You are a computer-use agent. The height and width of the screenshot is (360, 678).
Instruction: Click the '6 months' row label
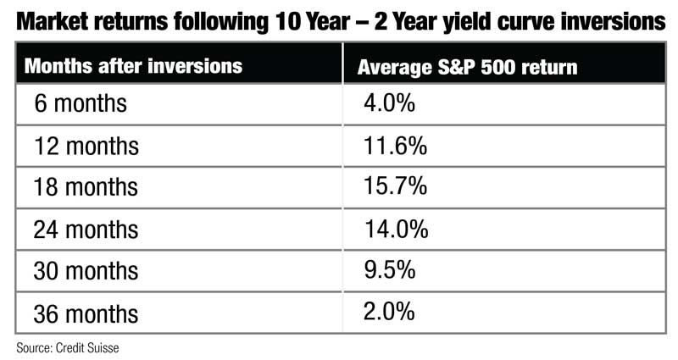(81, 103)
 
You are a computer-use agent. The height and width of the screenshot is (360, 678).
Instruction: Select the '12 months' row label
(86, 146)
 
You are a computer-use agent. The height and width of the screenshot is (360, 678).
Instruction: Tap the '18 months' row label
(86, 187)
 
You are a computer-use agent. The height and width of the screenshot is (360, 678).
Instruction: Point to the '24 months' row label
(86, 230)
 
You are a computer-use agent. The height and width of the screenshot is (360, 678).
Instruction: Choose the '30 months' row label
(86, 271)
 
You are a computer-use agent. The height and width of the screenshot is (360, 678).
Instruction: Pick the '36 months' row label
(86, 313)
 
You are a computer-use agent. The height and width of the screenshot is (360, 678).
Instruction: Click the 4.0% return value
(389, 102)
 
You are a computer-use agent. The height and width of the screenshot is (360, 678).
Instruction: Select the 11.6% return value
(395, 145)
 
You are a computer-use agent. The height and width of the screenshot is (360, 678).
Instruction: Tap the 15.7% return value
(395, 186)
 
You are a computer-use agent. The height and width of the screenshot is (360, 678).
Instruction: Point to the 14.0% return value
(396, 229)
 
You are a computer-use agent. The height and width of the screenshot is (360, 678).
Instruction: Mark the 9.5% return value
(390, 269)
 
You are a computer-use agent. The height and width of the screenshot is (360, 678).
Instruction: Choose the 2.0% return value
(389, 312)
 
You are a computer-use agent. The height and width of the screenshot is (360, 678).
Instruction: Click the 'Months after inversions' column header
(133, 66)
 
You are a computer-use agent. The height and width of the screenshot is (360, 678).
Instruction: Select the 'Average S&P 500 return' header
(468, 68)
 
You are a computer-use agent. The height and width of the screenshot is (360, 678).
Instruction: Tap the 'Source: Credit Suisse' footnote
(68, 348)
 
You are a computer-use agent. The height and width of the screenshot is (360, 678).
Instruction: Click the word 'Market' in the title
(52, 22)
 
